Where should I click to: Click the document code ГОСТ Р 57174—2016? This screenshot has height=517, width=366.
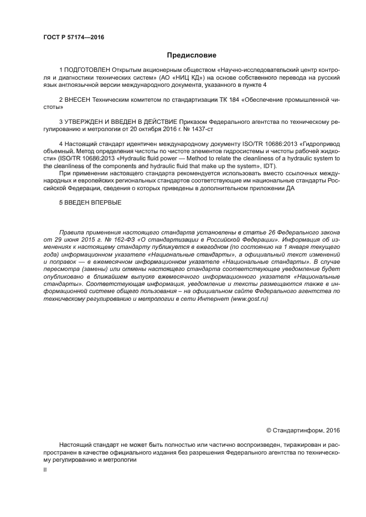[x=73, y=38]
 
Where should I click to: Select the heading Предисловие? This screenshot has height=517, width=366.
[x=192, y=55]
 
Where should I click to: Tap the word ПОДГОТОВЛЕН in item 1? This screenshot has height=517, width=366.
[x=87, y=71]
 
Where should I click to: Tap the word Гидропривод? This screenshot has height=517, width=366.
[x=321, y=144]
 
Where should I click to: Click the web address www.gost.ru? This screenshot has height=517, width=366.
[x=248, y=298]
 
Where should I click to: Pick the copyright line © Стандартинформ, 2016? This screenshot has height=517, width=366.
[x=303, y=430]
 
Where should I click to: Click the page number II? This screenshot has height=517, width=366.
[x=45, y=469]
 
